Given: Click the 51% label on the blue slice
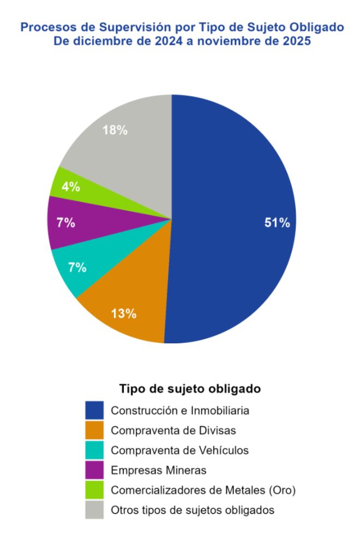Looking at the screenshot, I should [277, 223].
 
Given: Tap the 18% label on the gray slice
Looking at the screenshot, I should [115, 130].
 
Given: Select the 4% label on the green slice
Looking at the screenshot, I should [71, 187].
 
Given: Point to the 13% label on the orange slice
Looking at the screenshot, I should [124, 314].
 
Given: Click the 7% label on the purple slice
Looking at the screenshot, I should [65, 223].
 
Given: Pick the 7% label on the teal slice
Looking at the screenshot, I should [77, 267].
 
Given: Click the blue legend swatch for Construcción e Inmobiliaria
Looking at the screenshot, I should [94, 410].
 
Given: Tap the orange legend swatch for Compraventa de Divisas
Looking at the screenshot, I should [94, 430].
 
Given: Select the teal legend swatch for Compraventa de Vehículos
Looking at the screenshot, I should [94, 450].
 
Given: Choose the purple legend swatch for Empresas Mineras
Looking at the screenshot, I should [94, 470].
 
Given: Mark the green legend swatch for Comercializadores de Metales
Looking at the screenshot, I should [94, 490].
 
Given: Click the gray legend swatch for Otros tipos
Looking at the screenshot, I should [94, 510].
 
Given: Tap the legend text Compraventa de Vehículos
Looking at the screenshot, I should [179, 450].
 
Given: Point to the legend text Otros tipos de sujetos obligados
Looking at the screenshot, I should [192, 510].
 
